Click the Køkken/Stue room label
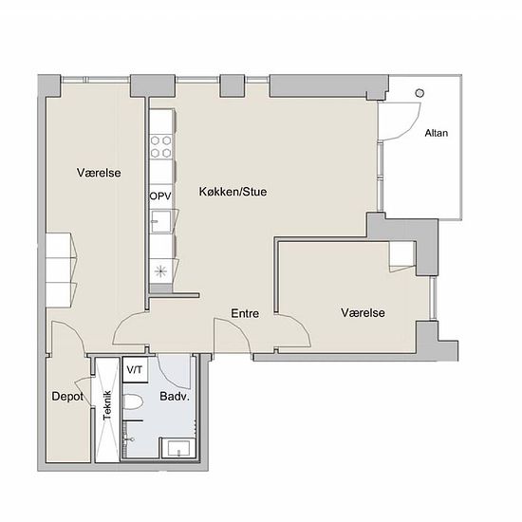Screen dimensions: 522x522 point(233,192)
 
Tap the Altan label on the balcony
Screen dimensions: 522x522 point(437,133)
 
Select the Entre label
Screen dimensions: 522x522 point(245,313)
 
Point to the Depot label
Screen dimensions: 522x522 point(67,396)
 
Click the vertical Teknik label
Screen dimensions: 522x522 point(107,405)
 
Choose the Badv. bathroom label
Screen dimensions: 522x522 point(175,396)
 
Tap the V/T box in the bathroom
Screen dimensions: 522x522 point(135,369)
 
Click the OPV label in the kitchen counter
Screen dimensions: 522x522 point(160,196)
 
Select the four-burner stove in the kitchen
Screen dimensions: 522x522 point(160,146)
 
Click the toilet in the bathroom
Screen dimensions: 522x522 point(133,401)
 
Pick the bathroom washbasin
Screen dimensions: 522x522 point(178,448)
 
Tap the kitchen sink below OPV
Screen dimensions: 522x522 point(160,222)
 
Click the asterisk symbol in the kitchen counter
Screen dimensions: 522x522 point(160,271)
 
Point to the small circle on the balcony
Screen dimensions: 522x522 point(419,93)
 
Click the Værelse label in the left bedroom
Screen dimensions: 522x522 point(99,173)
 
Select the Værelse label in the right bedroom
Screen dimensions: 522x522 point(363,312)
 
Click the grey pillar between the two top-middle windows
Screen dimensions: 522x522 point(232,85)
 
